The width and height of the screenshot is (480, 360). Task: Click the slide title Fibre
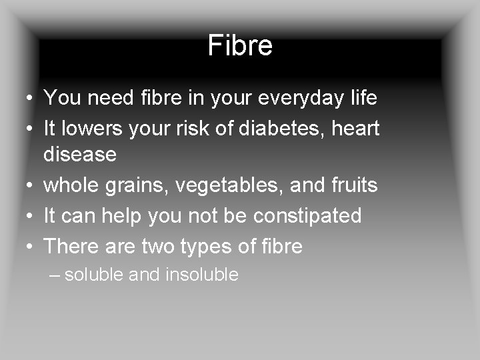(240, 46)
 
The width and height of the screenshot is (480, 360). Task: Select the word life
(363, 98)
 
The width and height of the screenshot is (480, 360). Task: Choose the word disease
(80, 155)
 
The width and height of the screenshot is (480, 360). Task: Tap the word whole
(72, 185)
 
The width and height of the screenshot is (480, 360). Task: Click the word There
(70, 247)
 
